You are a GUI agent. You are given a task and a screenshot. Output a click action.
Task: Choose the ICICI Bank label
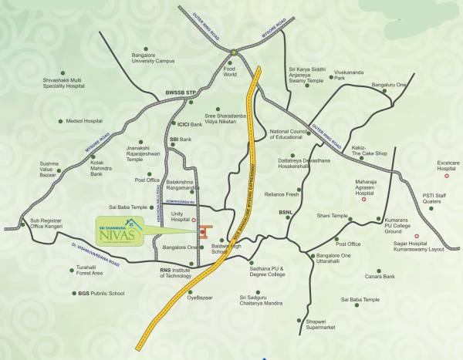click(189, 123)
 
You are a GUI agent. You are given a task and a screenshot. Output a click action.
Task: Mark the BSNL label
click(286, 211)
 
